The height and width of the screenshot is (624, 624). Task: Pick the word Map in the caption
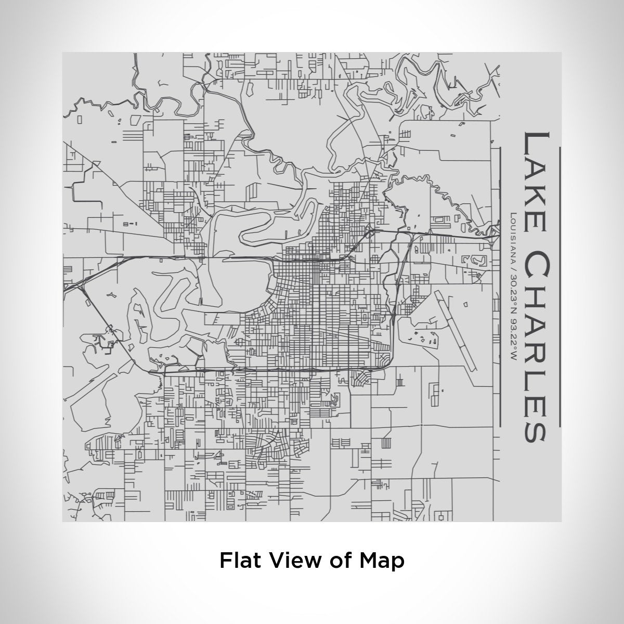coord(382,561)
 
